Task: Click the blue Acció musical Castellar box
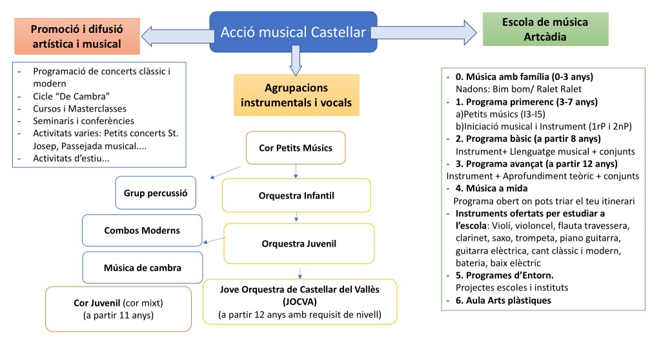coord(293,32)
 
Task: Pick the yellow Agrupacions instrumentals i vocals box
coord(296,95)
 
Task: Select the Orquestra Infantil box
coord(296,195)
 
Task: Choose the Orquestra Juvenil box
coord(299,243)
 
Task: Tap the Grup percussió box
coord(156,192)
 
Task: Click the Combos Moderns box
coord(142,230)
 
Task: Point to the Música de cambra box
coord(142,267)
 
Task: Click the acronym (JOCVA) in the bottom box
coord(299,301)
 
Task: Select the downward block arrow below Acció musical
coord(296,62)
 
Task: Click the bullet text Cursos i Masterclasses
coord(80,108)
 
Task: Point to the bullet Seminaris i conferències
coord(84,121)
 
